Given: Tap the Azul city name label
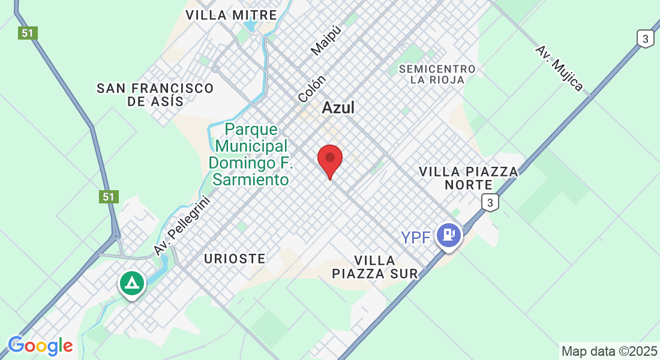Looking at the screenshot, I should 338,108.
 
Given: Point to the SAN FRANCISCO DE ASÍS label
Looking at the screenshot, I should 155,95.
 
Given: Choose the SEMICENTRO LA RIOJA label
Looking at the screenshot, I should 437,74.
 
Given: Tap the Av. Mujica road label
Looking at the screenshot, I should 559,68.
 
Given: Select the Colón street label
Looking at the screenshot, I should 312,88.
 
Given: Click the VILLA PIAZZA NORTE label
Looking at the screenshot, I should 468,178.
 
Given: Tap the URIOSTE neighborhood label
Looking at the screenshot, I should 235,259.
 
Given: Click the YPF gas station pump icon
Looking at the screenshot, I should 449,235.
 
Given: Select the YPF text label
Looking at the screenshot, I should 416,238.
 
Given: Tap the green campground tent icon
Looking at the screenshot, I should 131,283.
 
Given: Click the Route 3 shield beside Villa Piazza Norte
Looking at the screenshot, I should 490,203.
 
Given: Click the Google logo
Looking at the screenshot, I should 40,346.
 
